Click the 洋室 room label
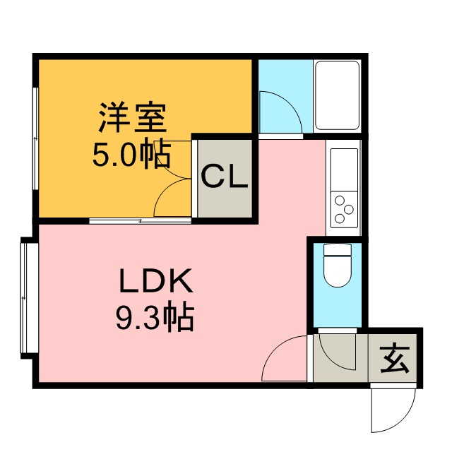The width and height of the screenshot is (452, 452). click(133, 117)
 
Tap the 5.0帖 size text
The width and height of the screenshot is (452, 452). click(131, 154)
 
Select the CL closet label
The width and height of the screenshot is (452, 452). click(225, 176)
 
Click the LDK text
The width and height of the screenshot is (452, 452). click(155, 280)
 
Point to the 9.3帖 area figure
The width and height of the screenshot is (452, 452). click(155, 316)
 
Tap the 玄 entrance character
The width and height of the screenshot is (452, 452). click(395, 359)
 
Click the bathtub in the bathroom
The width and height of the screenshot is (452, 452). click(337, 95)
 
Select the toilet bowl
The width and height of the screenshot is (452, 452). click(338, 271)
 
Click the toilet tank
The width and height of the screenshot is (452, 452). click(338, 249)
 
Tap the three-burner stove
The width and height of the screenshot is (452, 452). click(344, 210)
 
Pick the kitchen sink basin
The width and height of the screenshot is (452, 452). click(344, 169)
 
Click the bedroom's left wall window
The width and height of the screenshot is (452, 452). click(35, 138)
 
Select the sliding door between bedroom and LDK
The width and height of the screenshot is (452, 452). click(141, 221)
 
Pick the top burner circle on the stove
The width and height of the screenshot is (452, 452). click(340, 200)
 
